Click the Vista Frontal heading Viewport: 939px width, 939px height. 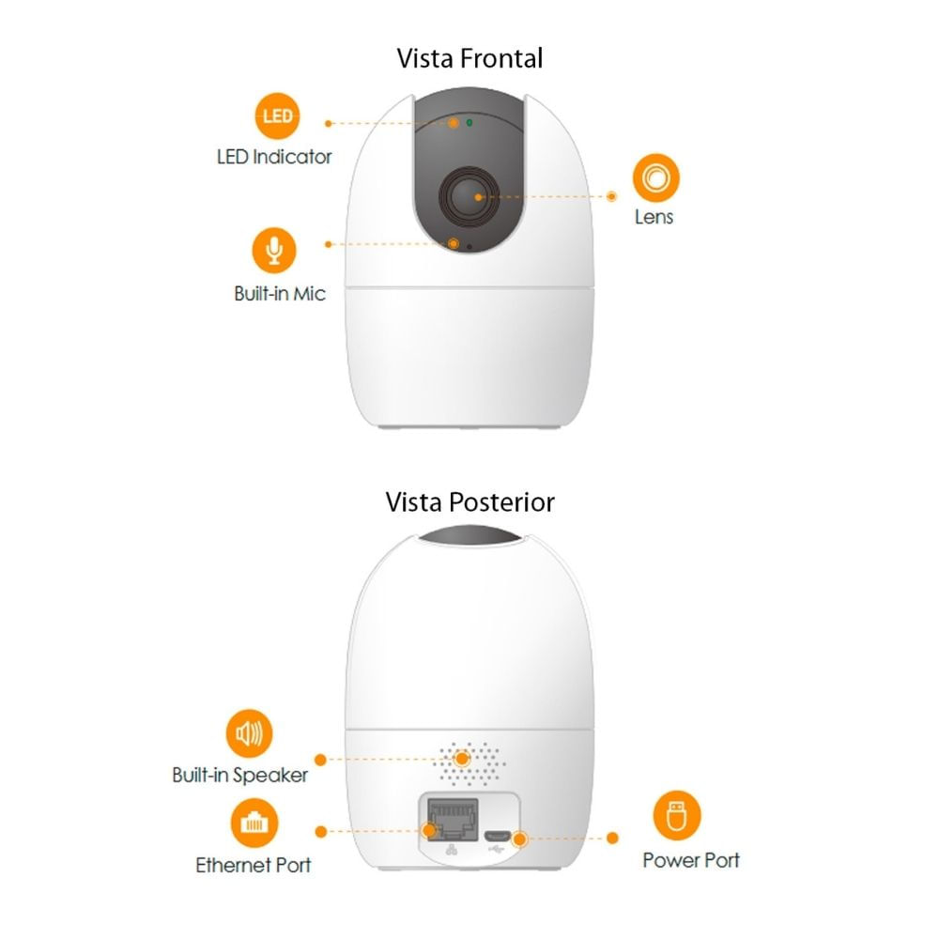[469, 58]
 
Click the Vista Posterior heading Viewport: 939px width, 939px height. [469, 501]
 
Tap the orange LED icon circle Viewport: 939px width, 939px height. [277, 117]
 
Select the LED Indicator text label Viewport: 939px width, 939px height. [274, 157]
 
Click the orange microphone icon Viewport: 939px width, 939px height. [274, 250]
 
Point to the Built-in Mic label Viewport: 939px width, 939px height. [280, 294]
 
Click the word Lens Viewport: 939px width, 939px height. [654, 217]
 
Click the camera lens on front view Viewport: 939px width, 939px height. [469, 195]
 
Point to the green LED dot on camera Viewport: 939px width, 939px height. [469, 123]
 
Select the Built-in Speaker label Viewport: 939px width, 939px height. [239, 776]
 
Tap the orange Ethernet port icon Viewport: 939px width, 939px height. [254, 824]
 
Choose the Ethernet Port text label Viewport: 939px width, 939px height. [254, 865]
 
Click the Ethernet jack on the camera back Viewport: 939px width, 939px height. [452, 818]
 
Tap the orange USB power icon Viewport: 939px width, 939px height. [677, 816]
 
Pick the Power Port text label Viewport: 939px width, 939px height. [691, 860]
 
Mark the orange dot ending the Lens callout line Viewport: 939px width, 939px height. [612, 197]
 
